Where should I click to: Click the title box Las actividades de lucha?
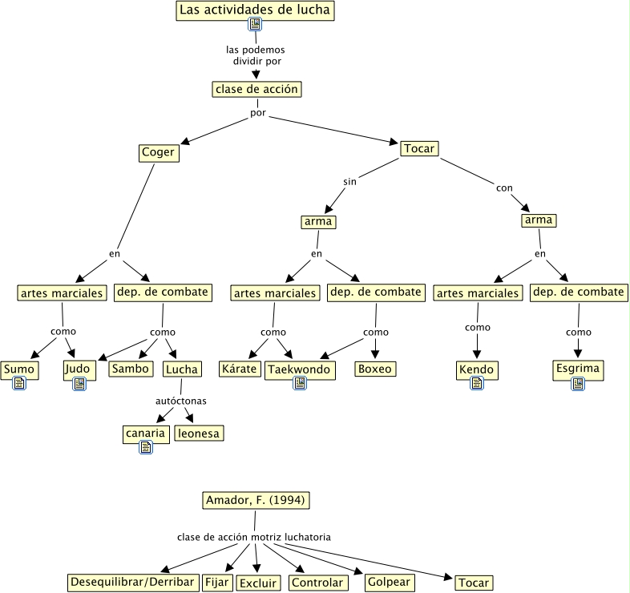[254, 10]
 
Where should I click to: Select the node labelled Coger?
[157, 153]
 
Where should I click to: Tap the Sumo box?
[18, 369]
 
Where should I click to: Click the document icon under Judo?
[79, 384]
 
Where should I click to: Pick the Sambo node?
[130, 369]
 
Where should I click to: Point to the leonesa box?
[199, 434]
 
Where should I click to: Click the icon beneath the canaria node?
[145, 448]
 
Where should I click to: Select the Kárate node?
[238, 369]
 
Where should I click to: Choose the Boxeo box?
[375, 369]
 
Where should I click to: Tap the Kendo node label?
[477, 369]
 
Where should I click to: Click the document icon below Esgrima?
[578, 385]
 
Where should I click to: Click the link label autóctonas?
[180, 399]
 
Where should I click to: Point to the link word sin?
[350, 182]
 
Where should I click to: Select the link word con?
[504, 188]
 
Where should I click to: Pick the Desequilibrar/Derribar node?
[132, 582]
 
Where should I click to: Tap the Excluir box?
[257, 583]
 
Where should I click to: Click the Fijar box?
[216, 582]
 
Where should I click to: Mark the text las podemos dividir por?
[256, 55]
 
